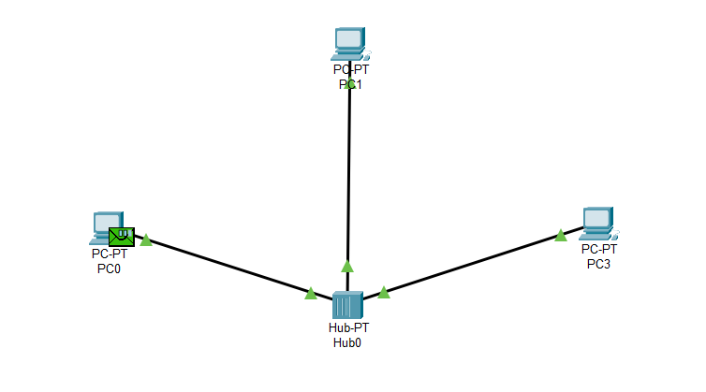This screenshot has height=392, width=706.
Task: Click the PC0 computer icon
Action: coord(103,225)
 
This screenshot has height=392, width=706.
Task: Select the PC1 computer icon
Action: coord(349,41)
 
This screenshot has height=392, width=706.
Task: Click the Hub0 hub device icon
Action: coord(347,305)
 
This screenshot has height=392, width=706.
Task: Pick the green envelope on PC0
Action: coord(121,237)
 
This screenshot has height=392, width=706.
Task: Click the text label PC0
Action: coord(110,269)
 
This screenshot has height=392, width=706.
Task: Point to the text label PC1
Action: coord(350,84)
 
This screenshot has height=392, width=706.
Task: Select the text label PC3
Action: coord(598,264)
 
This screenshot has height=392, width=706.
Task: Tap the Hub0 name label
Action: coord(346,342)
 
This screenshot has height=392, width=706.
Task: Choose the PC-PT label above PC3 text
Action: coord(598,249)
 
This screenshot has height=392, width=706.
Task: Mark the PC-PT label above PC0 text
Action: coord(110,254)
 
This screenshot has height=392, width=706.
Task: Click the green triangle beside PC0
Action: coord(146,240)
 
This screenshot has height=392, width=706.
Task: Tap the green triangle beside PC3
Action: coord(560,235)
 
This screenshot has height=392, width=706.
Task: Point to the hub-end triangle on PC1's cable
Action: coord(347,266)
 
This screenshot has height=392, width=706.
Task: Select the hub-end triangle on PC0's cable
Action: coord(311,294)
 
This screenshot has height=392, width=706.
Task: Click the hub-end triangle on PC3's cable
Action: coord(383,293)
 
